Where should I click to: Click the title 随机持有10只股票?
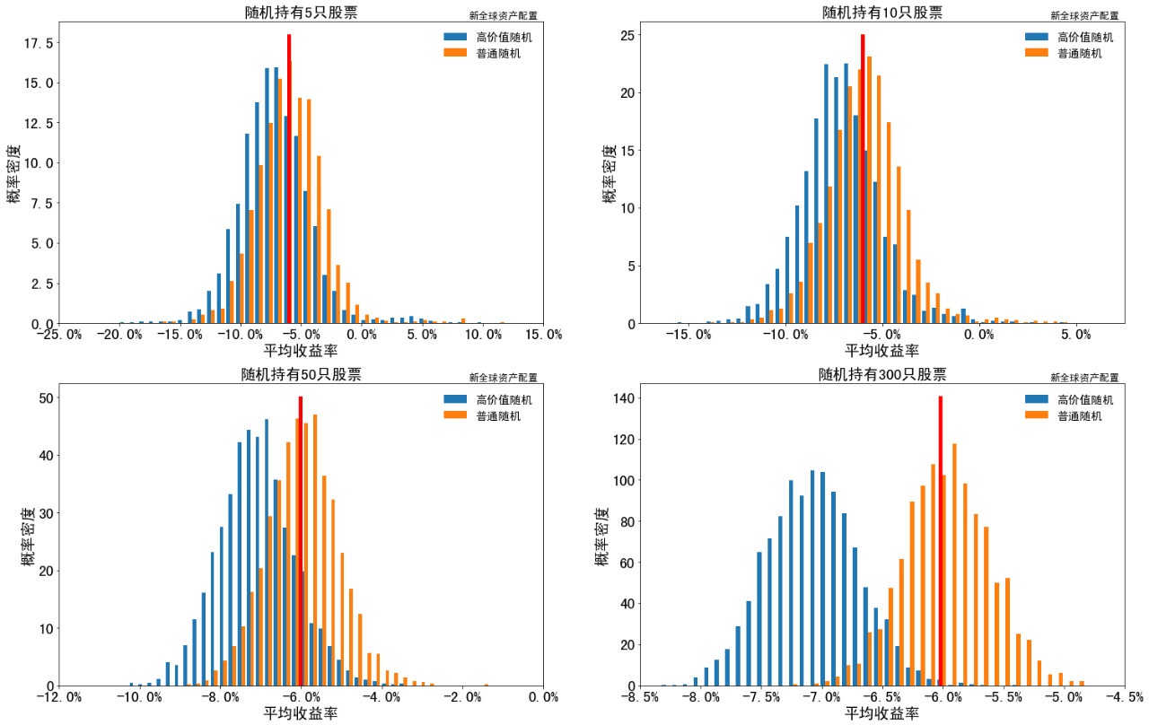(x=882, y=13)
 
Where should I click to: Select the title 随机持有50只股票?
(x=301, y=374)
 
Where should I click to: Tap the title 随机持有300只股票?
(x=882, y=374)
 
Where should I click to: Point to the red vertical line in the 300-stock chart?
(x=940, y=538)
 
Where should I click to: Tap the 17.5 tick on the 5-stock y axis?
(x=42, y=43)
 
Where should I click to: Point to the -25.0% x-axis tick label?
(x=59, y=335)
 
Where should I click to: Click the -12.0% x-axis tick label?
(x=59, y=697)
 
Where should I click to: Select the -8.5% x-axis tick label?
(x=640, y=697)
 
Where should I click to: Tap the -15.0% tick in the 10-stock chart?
(x=690, y=335)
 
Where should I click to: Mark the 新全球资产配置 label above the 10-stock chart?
(x=1084, y=15)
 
